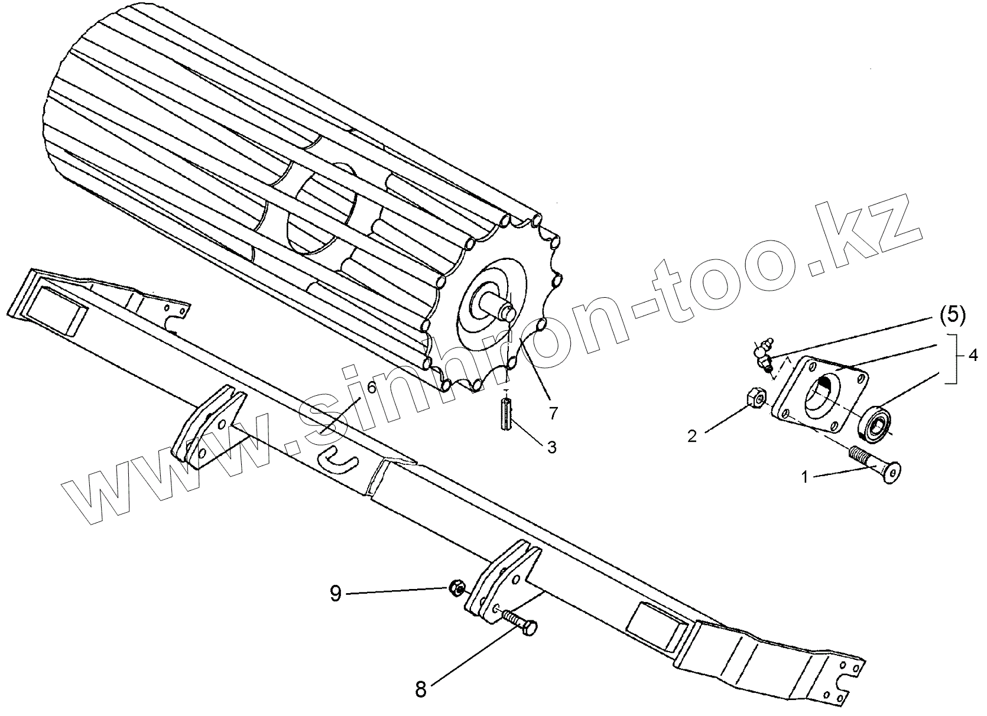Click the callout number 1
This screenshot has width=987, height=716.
[x=804, y=476]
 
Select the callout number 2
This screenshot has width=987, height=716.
[x=692, y=436]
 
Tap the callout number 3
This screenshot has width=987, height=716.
[x=551, y=447]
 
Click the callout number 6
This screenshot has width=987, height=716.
[x=371, y=388]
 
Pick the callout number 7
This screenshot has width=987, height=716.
[x=553, y=413]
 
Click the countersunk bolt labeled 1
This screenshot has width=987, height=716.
[x=875, y=466]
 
